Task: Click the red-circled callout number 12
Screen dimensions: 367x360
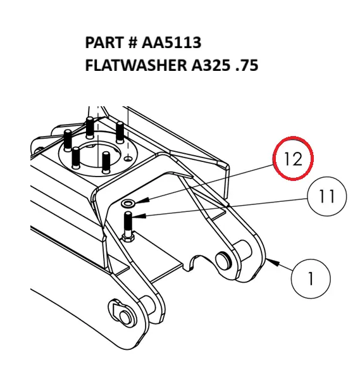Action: click(x=293, y=159)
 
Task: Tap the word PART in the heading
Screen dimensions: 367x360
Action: click(x=104, y=43)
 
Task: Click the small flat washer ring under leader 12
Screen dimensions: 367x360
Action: click(x=128, y=203)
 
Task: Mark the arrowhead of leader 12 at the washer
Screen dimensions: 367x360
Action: click(x=139, y=202)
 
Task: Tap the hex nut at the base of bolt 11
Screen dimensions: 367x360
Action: click(x=128, y=237)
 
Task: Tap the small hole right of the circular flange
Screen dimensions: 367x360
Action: click(x=129, y=158)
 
